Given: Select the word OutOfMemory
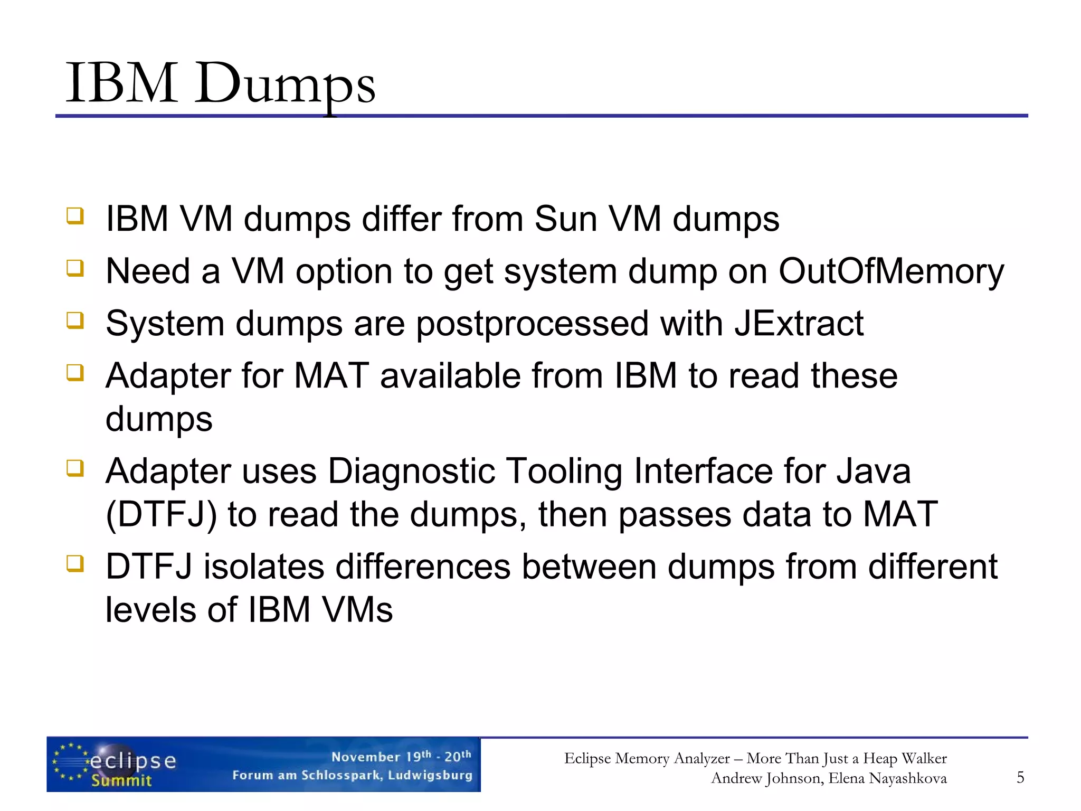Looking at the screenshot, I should (x=891, y=271).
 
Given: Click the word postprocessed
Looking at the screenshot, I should (x=532, y=324).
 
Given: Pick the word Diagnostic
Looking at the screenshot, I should (x=411, y=471).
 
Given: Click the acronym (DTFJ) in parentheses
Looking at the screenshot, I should (x=161, y=515).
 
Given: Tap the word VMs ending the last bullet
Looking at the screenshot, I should (x=357, y=610).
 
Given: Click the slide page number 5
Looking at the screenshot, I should (x=1020, y=777).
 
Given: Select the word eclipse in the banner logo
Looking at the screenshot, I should (x=133, y=761).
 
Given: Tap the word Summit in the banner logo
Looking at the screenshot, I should (x=121, y=780).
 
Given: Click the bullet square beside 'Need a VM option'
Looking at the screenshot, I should (x=75, y=268).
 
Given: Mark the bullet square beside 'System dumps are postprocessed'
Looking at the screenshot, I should (x=75, y=320).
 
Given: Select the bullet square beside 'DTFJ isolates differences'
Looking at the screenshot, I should (x=75, y=563).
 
